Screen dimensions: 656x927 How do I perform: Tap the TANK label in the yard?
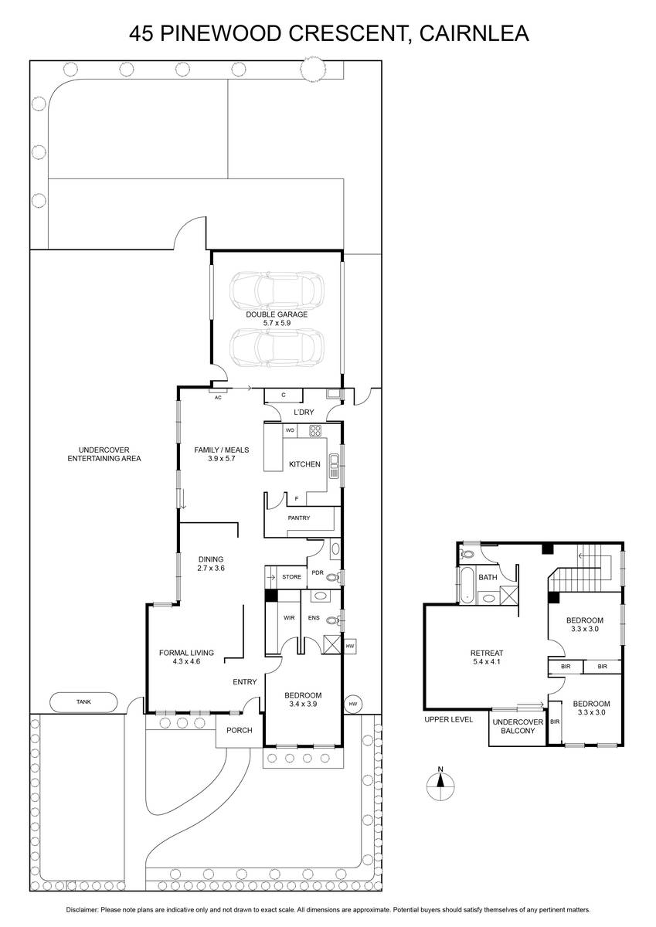[x=83, y=701]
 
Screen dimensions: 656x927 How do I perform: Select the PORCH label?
[x=240, y=731]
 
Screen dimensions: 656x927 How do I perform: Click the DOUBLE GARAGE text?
[x=277, y=314]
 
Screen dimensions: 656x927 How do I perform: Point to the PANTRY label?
[x=299, y=518]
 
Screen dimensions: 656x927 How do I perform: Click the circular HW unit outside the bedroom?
[x=352, y=704]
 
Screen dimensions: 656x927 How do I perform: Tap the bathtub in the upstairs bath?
[x=467, y=585]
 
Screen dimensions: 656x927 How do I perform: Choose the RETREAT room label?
[x=487, y=653]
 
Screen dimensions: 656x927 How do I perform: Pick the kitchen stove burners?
[x=315, y=430]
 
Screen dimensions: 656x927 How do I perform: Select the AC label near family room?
[x=218, y=398]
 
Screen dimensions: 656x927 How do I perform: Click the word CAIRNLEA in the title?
[x=474, y=33]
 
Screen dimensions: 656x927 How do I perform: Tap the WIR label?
[x=289, y=618]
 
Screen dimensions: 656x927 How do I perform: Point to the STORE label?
[x=292, y=576]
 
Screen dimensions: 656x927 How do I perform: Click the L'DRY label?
[x=304, y=413]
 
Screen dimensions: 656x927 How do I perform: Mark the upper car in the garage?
[x=277, y=290]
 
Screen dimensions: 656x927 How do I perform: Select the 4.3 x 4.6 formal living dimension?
[x=187, y=661]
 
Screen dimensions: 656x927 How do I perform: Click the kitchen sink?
[x=334, y=466]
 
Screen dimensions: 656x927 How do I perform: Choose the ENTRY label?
[x=245, y=681]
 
